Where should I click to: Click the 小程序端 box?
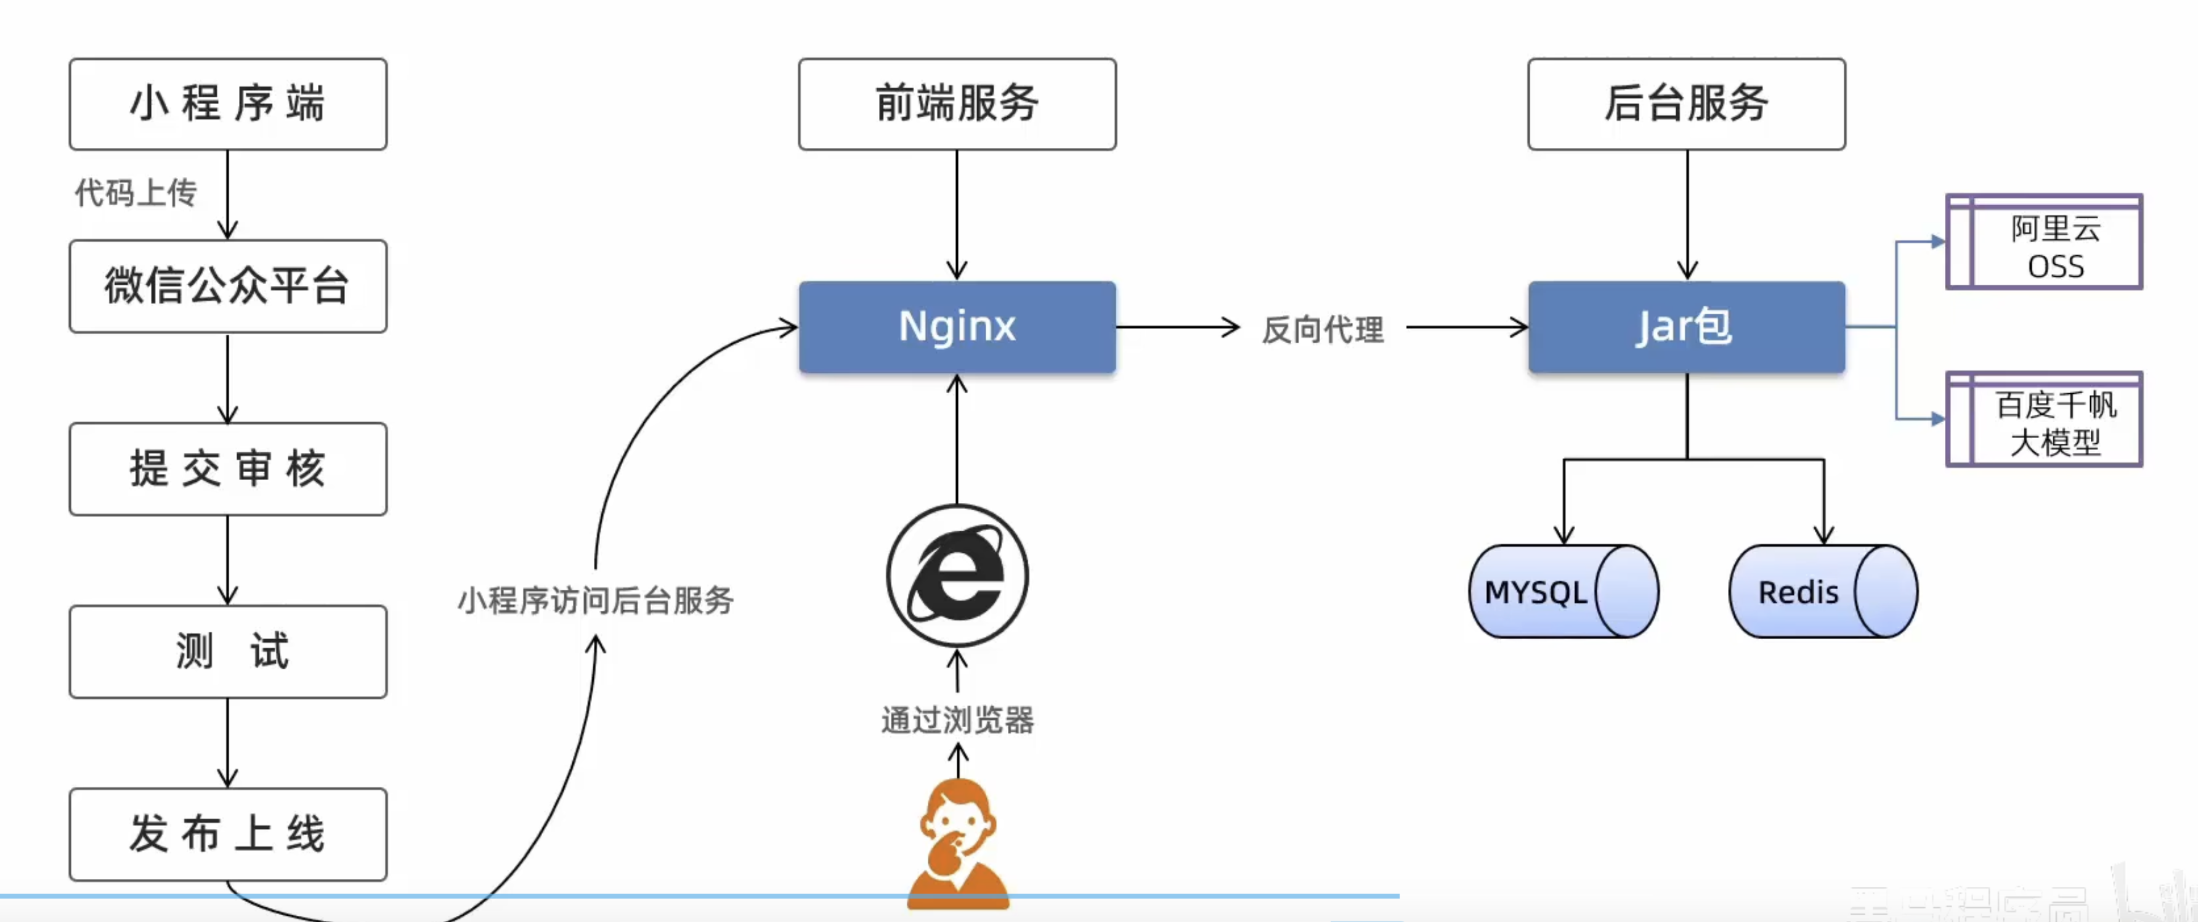(x=228, y=104)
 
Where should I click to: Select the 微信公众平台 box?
(x=228, y=286)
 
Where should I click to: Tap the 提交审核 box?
(x=228, y=468)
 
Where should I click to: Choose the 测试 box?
(x=228, y=651)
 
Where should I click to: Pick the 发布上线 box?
(x=228, y=834)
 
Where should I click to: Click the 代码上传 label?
(x=136, y=193)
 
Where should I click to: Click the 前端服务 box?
(x=957, y=104)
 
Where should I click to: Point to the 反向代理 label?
(x=1323, y=330)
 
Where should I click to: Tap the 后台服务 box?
(x=1686, y=104)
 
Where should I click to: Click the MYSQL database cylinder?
(x=1563, y=592)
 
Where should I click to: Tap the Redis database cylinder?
(x=1823, y=592)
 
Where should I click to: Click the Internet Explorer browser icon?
(x=957, y=576)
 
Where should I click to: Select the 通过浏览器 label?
(x=957, y=720)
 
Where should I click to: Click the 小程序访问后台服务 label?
(x=596, y=601)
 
